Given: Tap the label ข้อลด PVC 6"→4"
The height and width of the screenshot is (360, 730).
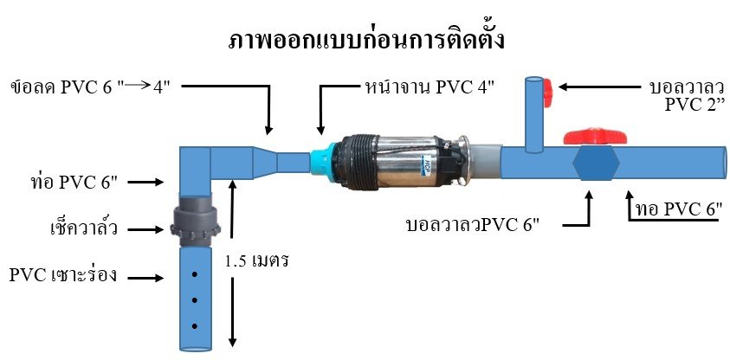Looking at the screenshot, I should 90,87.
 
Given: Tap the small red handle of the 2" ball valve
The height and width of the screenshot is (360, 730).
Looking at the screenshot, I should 548,87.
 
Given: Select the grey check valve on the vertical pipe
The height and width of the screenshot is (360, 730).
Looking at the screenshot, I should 195,222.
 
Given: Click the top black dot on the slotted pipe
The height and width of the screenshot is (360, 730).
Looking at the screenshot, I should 195,274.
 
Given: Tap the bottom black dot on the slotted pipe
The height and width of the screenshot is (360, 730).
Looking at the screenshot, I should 195,326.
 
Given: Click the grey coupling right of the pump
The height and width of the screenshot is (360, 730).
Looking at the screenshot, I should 485,162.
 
